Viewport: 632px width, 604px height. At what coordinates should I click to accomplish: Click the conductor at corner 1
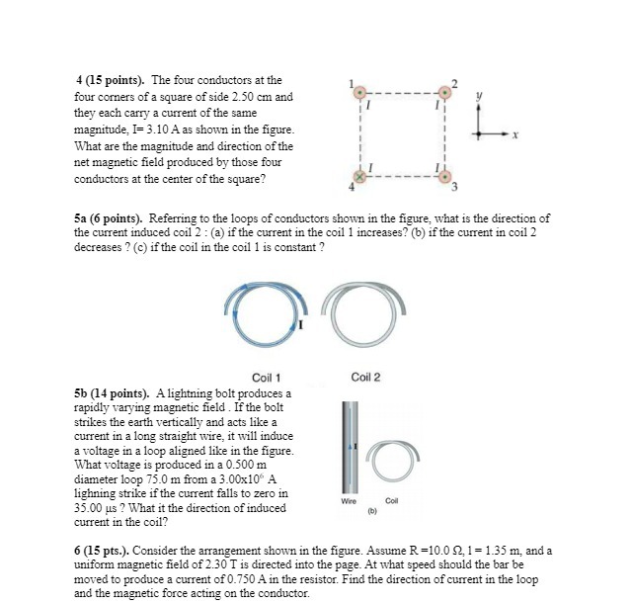pyautogui.click(x=361, y=91)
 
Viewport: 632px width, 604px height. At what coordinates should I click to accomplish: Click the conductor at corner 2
pyautogui.click(x=445, y=91)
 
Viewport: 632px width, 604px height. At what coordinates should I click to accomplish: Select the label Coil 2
pyautogui.click(x=365, y=377)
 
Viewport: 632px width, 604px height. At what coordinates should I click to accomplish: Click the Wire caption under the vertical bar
pyautogui.click(x=348, y=501)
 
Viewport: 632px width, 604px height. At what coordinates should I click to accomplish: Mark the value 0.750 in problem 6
pyautogui.click(x=286, y=579)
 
